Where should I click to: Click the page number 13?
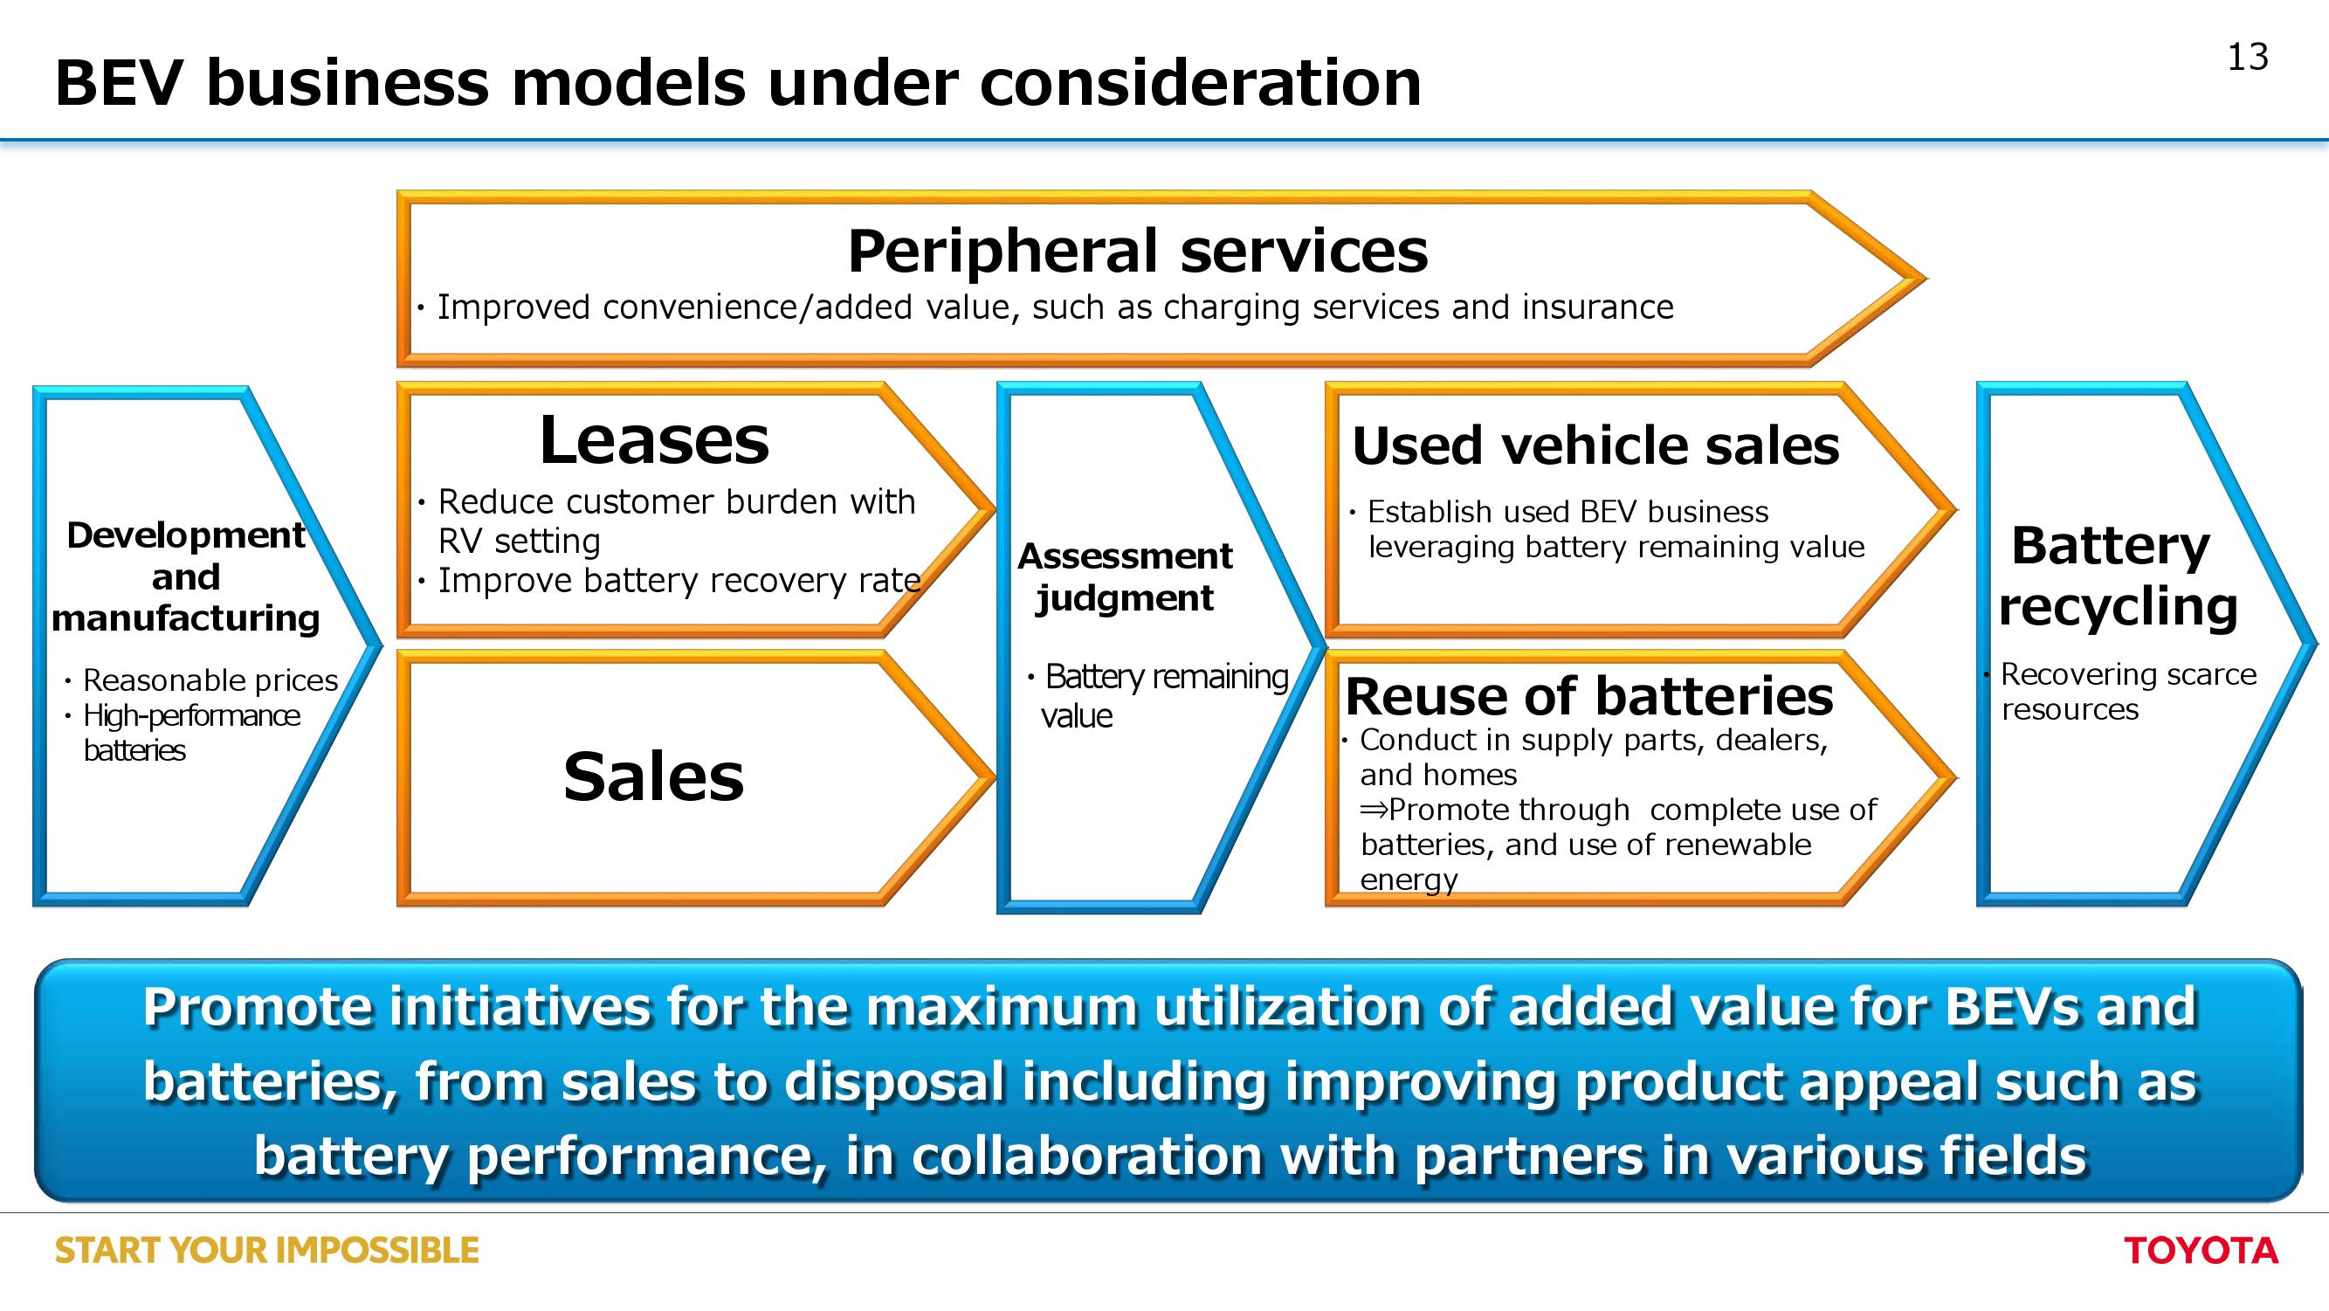tap(2247, 57)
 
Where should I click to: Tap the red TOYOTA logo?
tap(2201, 1251)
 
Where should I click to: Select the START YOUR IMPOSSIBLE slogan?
tap(266, 1251)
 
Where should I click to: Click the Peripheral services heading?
tap(1137, 251)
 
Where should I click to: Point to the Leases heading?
tap(654, 440)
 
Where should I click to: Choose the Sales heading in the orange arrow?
tap(654, 776)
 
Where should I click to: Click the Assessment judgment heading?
tap(1125, 576)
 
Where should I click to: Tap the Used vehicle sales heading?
tap(1595, 445)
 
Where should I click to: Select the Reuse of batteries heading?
tap(1589, 696)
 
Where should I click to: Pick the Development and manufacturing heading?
tap(185, 576)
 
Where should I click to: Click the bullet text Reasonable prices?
tap(210, 680)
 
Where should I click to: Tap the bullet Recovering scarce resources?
tap(2129, 692)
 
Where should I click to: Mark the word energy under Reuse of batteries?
tap(1409, 880)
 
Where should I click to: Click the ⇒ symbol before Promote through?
tap(1374, 809)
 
